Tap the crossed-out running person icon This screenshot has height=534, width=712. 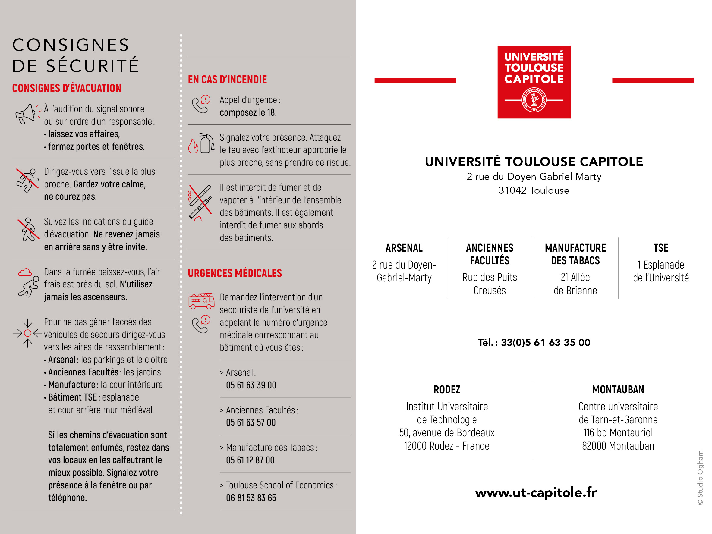pyautogui.click(x=27, y=180)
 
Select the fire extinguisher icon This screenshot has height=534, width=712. pyautogui.click(x=206, y=143)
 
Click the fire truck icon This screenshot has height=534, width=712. pyautogui.click(x=201, y=301)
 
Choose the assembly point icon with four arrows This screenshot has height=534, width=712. pyautogui.click(x=28, y=333)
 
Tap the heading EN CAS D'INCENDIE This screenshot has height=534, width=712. pyautogui.click(x=227, y=80)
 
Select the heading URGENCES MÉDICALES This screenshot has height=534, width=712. pyautogui.click(x=235, y=273)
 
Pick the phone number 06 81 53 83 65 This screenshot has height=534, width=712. pyautogui.click(x=251, y=498)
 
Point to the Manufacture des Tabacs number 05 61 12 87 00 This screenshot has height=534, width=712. pyautogui.click(x=250, y=460)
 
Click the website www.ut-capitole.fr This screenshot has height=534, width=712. pyautogui.click(x=536, y=492)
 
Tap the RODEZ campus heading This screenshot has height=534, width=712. pyautogui.click(x=447, y=389)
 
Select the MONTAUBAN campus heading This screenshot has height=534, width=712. pyautogui.click(x=618, y=389)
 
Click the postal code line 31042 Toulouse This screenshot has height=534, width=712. pyautogui.click(x=534, y=190)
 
